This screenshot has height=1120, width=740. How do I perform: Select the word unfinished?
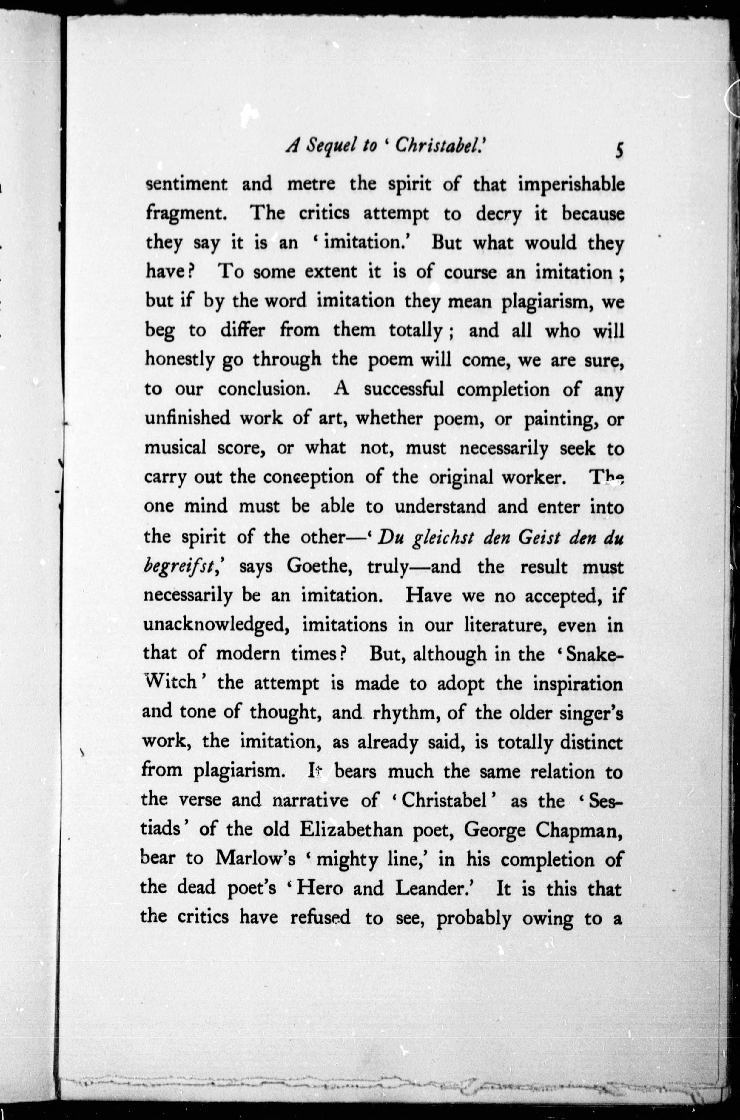tap(187, 418)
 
